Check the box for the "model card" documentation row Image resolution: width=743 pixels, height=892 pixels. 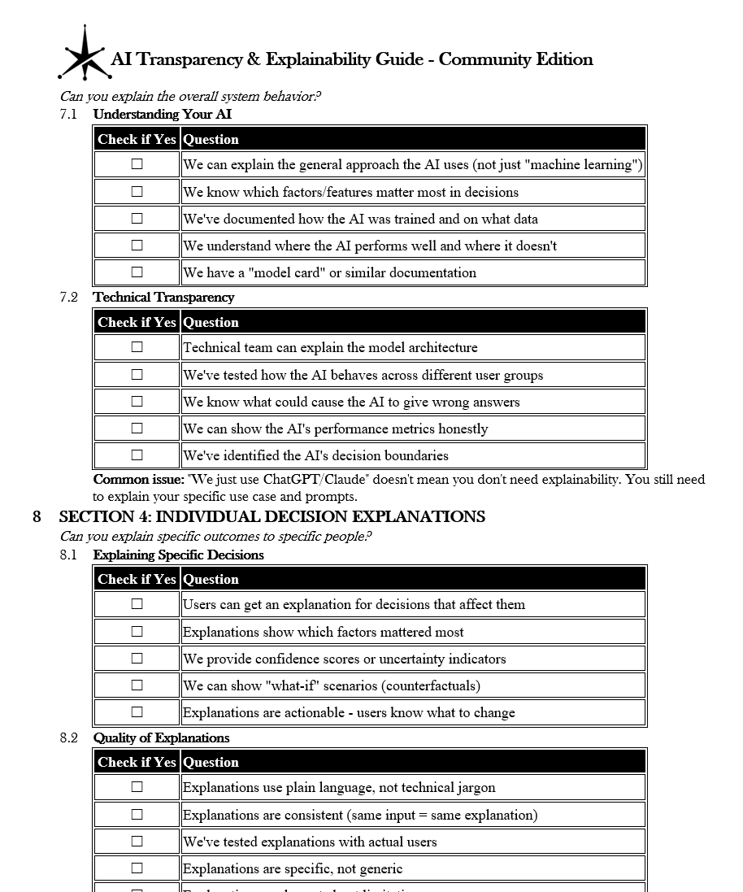137,272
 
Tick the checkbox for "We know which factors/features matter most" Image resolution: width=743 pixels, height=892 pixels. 137,192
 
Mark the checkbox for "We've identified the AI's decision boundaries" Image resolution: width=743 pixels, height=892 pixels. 137,455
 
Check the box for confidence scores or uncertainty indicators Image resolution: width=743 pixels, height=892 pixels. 137,659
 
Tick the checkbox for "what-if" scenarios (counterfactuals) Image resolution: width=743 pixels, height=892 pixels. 137,685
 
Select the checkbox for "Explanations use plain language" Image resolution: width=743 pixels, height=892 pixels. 137,787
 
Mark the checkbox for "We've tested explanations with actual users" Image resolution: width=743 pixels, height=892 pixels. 137,842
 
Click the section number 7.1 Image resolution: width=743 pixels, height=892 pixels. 68,115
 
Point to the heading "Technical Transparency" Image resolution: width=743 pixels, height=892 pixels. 163,298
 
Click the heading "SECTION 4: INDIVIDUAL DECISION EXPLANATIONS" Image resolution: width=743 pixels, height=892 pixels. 272,517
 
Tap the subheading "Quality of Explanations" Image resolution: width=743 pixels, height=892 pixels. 161,738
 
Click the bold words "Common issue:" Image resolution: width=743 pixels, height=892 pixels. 138,480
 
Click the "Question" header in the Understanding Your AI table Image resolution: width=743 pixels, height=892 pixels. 211,140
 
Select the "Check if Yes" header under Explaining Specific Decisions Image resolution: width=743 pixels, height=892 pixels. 137,580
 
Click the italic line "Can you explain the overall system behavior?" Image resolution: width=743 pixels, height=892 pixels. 189,97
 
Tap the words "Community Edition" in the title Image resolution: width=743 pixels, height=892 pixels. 515,59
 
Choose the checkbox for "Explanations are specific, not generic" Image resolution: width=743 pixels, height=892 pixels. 137,868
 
